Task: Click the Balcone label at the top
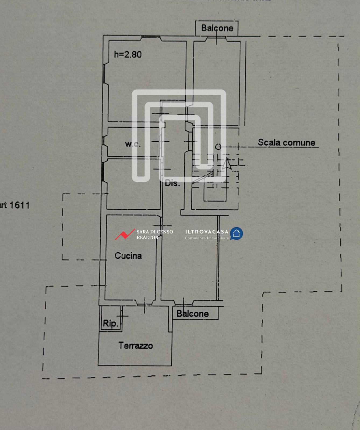[217, 28]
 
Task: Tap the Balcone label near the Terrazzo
[192, 314]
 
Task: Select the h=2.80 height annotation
[128, 55]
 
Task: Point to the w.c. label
[133, 144]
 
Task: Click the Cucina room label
[128, 256]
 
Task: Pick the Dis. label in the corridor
[172, 184]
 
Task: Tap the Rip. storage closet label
[111, 323]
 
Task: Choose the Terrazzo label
[136, 345]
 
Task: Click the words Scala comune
[286, 142]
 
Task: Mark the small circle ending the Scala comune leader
[218, 147]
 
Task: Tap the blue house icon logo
[237, 233]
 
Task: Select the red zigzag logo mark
[125, 234]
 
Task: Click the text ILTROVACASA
[207, 232]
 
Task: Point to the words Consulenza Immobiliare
[207, 238]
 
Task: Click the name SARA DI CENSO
[155, 232]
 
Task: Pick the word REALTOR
[147, 238]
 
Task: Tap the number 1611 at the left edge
[19, 205]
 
